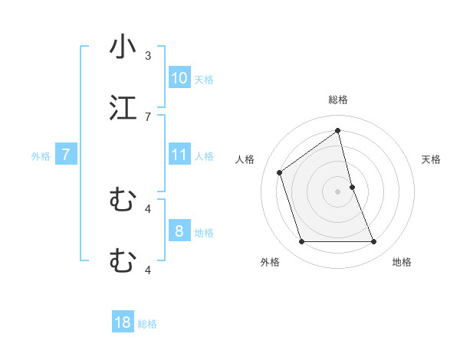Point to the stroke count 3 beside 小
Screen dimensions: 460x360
(x=148, y=56)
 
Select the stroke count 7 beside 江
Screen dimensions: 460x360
(x=148, y=116)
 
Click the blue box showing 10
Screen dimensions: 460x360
(x=179, y=78)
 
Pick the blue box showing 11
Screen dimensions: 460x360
(x=179, y=155)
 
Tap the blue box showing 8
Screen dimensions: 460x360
(x=179, y=231)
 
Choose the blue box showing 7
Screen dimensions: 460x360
(x=66, y=155)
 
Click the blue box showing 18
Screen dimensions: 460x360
(x=123, y=322)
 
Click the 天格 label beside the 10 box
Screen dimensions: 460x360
(x=204, y=80)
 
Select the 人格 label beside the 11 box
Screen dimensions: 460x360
(x=204, y=156)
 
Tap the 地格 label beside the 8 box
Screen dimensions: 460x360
(x=204, y=232)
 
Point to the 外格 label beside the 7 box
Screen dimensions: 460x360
(x=41, y=156)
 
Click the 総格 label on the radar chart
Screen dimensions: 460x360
(x=338, y=100)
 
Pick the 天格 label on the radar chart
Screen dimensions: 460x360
(x=432, y=159)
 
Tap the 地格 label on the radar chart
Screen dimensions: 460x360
(x=402, y=262)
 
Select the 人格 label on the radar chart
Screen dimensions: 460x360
(x=245, y=159)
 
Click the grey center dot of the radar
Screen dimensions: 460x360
(x=338, y=191)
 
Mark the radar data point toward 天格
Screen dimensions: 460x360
(x=352, y=187)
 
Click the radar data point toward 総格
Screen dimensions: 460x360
(x=338, y=131)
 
